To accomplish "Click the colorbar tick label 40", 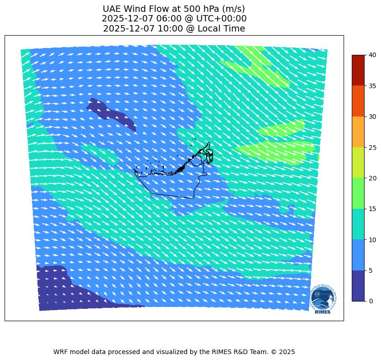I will coord(373,55).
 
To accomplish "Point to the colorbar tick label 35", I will coord(373,85).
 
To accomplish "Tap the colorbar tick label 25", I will coord(373,147).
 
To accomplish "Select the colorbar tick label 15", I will coord(373,209).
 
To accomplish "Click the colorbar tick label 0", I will coord(371,301).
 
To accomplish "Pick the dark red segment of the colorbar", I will coord(358,70).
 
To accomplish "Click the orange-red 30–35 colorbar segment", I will coord(358,101).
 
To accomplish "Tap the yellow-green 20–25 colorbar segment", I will coord(358,163).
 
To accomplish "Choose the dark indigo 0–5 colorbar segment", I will coord(358,286).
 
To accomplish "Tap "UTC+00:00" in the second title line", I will coord(224,19).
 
